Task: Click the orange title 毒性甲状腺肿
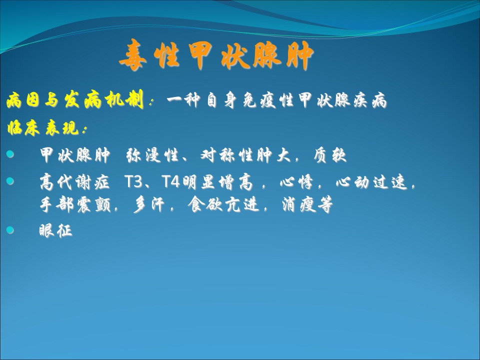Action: [x=216, y=55]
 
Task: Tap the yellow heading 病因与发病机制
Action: [x=75, y=100]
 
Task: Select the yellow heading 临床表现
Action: [x=44, y=127]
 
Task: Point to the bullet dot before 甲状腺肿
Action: [x=10, y=154]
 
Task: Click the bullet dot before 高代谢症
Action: [x=10, y=181]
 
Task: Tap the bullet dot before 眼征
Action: [x=10, y=229]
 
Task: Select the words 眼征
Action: [x=55, y=230]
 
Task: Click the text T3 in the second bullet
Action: [x=134, y=182]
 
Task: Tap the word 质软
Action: [x=330, y=155]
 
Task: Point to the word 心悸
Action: [x=296, y=182]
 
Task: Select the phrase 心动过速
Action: [x=371, y=182]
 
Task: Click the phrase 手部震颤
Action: [x=75, y=204]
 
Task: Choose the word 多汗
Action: [x=149, y=204]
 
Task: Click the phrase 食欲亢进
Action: [x=223, y=204]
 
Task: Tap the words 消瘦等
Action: [x=307, y=204]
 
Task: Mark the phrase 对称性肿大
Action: [x=245, y=155]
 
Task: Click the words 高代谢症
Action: [x=74, y=182]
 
